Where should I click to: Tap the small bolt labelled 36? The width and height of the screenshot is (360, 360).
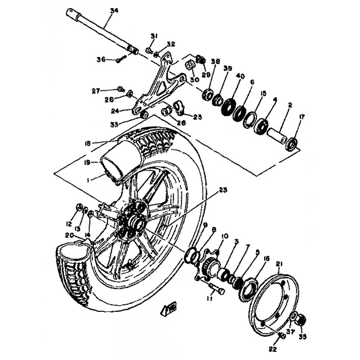(x=120, y=58)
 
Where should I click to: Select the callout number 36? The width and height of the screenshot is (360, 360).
(x=101, y=59)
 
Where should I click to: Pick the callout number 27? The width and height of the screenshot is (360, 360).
(x=95, y=90)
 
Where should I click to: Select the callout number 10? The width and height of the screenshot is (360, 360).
(x=225, y=235)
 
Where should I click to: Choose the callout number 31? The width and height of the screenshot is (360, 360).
(x=153, y=36)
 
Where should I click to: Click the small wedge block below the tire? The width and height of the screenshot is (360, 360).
(x=169, y=309)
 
